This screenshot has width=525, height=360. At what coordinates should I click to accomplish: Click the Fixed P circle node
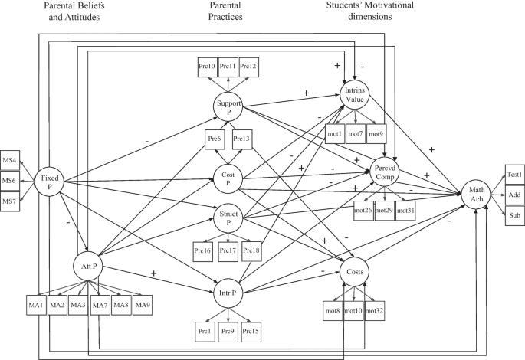(x=48, y=182)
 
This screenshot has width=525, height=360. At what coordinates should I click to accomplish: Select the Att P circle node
(x=88, y=267)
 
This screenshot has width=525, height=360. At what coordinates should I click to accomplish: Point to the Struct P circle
(x=228, y=217)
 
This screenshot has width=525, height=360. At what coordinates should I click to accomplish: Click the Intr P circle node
(x=228, y=294)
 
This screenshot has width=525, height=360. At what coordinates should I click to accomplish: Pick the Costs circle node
(x=354, y=272)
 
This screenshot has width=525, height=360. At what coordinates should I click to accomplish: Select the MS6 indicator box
(x=10, y=181)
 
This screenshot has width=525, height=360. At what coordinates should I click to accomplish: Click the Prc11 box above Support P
(x=228, y=67)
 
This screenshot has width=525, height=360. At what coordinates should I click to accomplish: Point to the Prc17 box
(x=228, y=250)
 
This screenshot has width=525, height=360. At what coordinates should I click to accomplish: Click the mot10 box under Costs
(x=353, y=311)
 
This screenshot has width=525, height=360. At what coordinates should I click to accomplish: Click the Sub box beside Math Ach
(x=513, y=215)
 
